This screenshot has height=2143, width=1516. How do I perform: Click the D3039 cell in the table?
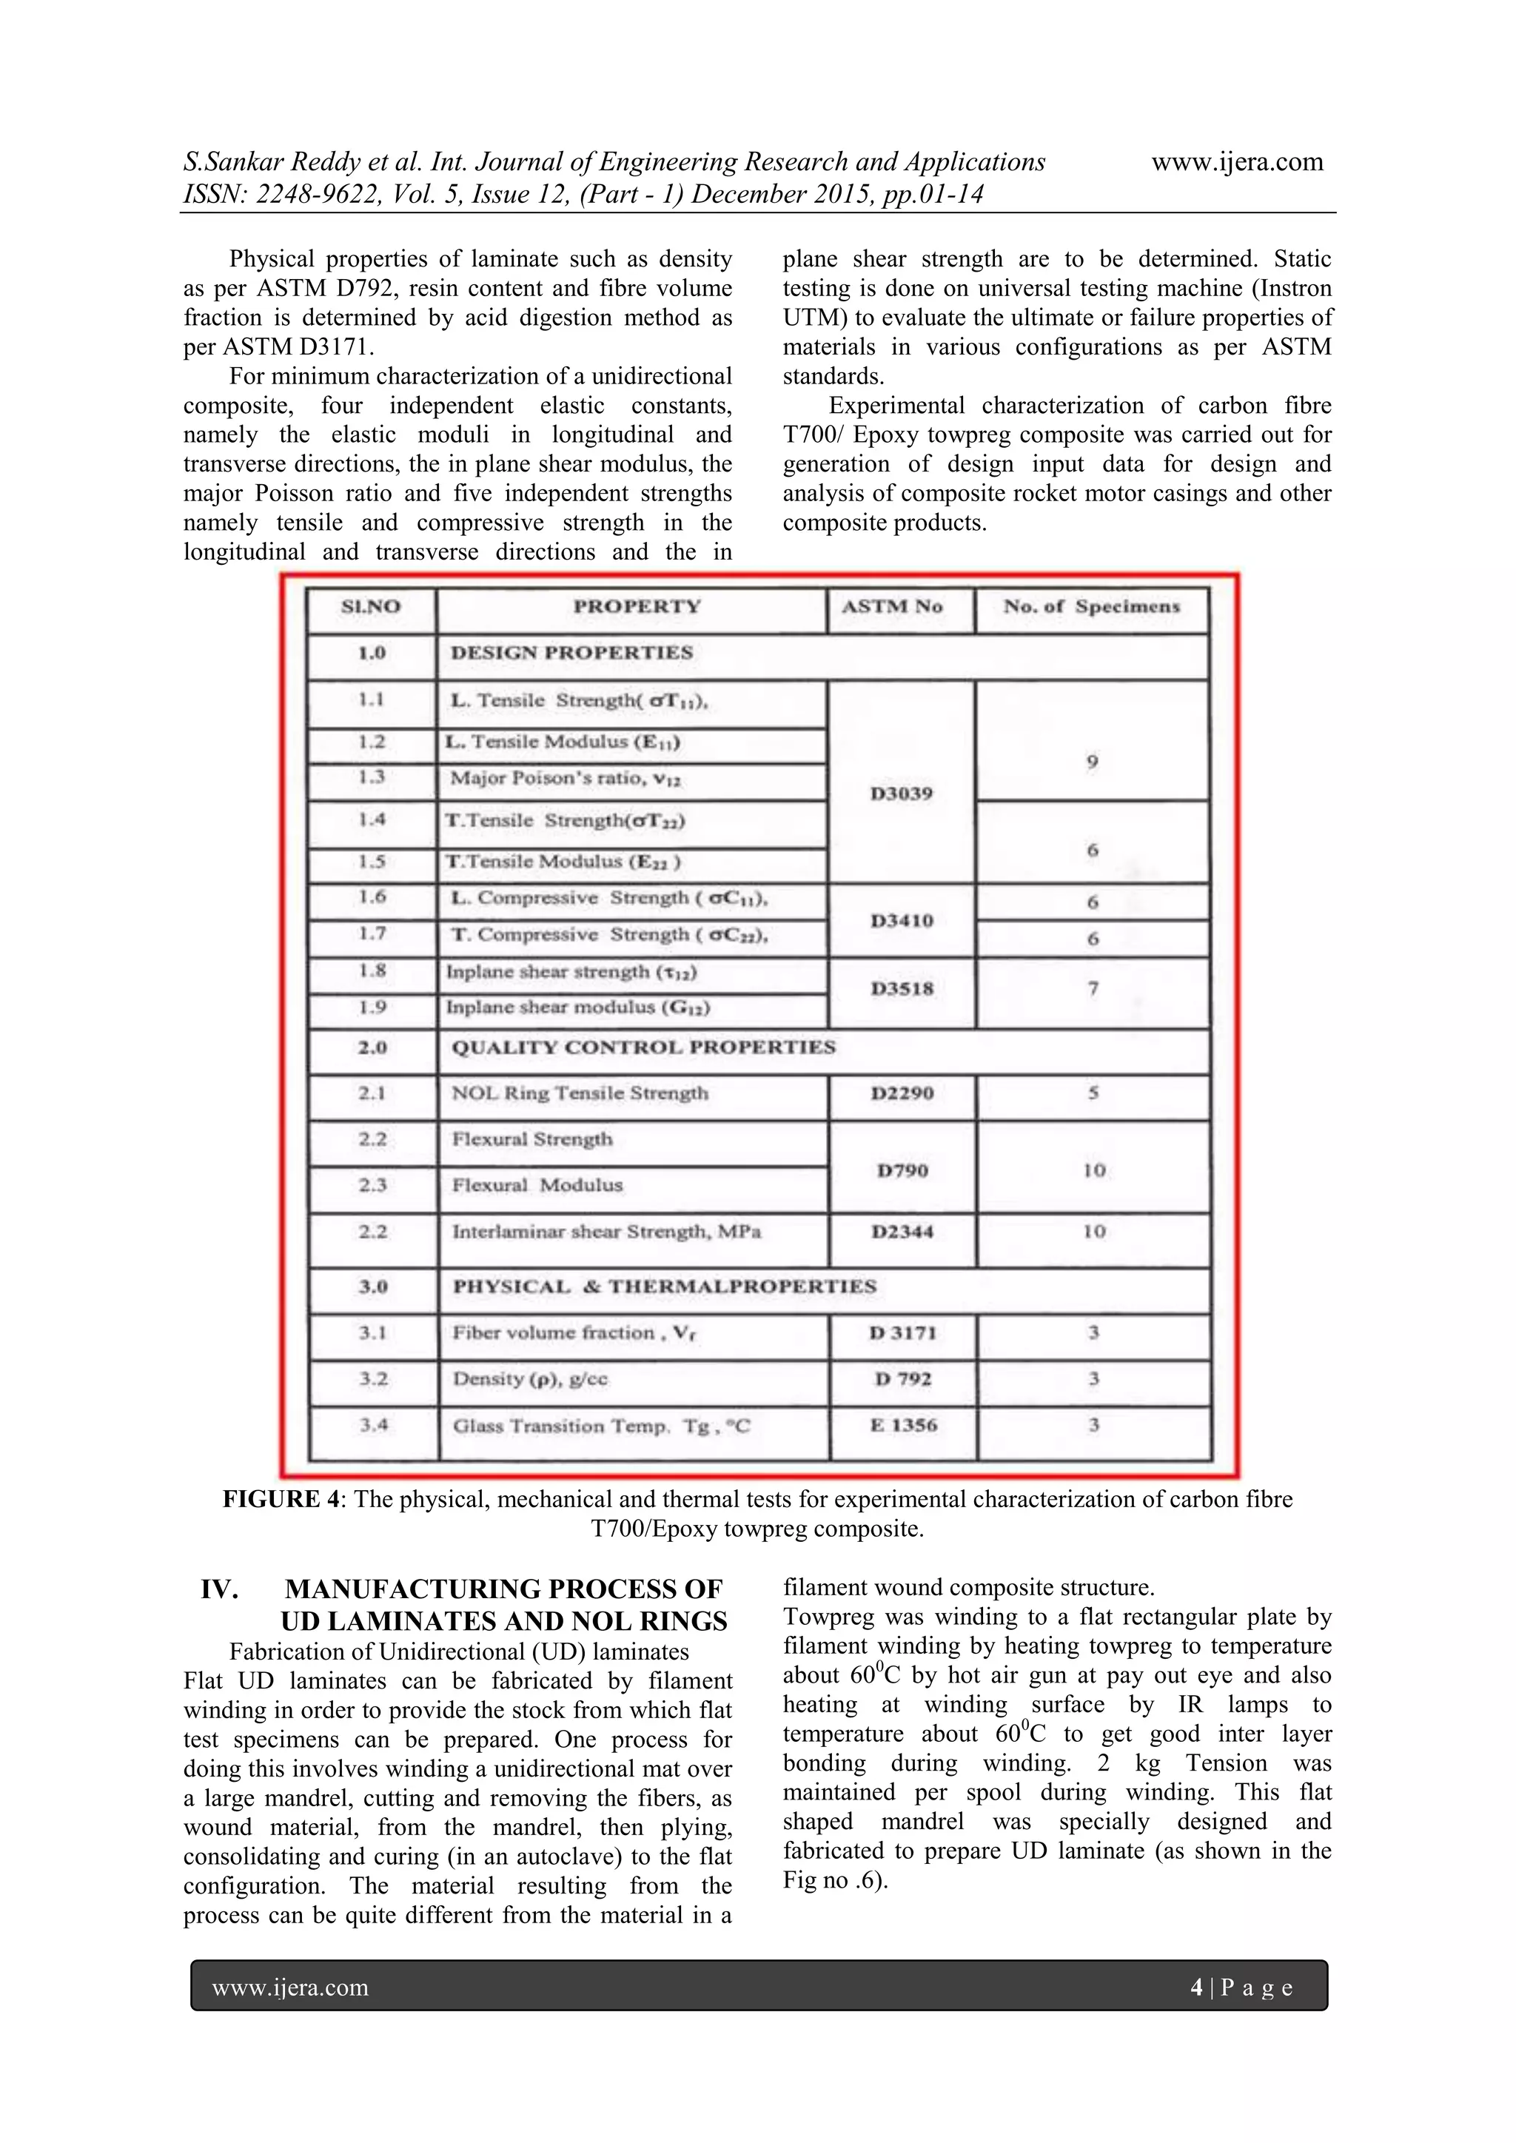click(x=901, y=794)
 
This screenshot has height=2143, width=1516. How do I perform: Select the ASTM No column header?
click(x=893, y=607)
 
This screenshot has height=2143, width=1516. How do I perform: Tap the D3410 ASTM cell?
click(x=902, y=921)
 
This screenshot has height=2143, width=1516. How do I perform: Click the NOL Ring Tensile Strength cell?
click(x=580, y=1093)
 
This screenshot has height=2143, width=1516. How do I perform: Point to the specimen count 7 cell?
click(x=1092, y=988)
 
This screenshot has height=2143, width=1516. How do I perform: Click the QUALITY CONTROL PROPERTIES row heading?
click(x=643, y=1047)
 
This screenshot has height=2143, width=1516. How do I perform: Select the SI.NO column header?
click(x=371, y=607)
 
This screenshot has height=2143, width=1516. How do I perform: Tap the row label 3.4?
click(x=373, y=1424)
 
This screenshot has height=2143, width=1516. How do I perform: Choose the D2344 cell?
click(x=902, y=1232)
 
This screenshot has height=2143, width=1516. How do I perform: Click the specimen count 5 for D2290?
click(x=1093, y=1093)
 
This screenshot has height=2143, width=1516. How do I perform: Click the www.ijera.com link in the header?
click(x=1237, y=162)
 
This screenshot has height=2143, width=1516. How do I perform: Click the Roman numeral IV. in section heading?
click(x=219, y=1589)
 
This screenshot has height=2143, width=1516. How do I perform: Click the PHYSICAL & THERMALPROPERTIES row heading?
click(x=665, y=1287)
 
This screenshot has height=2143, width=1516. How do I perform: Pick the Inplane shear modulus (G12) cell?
click(x=578, y=1008)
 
